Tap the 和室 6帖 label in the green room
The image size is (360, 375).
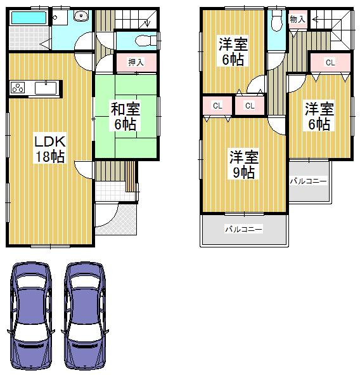click(x=125, y=115)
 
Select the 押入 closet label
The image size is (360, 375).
click(x=135, y=62)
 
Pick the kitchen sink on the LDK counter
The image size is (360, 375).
click(x=45, y=88)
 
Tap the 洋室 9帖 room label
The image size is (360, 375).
click(x=243, y=164)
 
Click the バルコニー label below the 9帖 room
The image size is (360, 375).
click(x=243, y=229)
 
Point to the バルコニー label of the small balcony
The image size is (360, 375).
click(x=309, y=181)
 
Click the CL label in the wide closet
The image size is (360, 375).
click(x=330, y=62)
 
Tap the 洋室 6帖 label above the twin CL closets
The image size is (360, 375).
click(x=233, y=52)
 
